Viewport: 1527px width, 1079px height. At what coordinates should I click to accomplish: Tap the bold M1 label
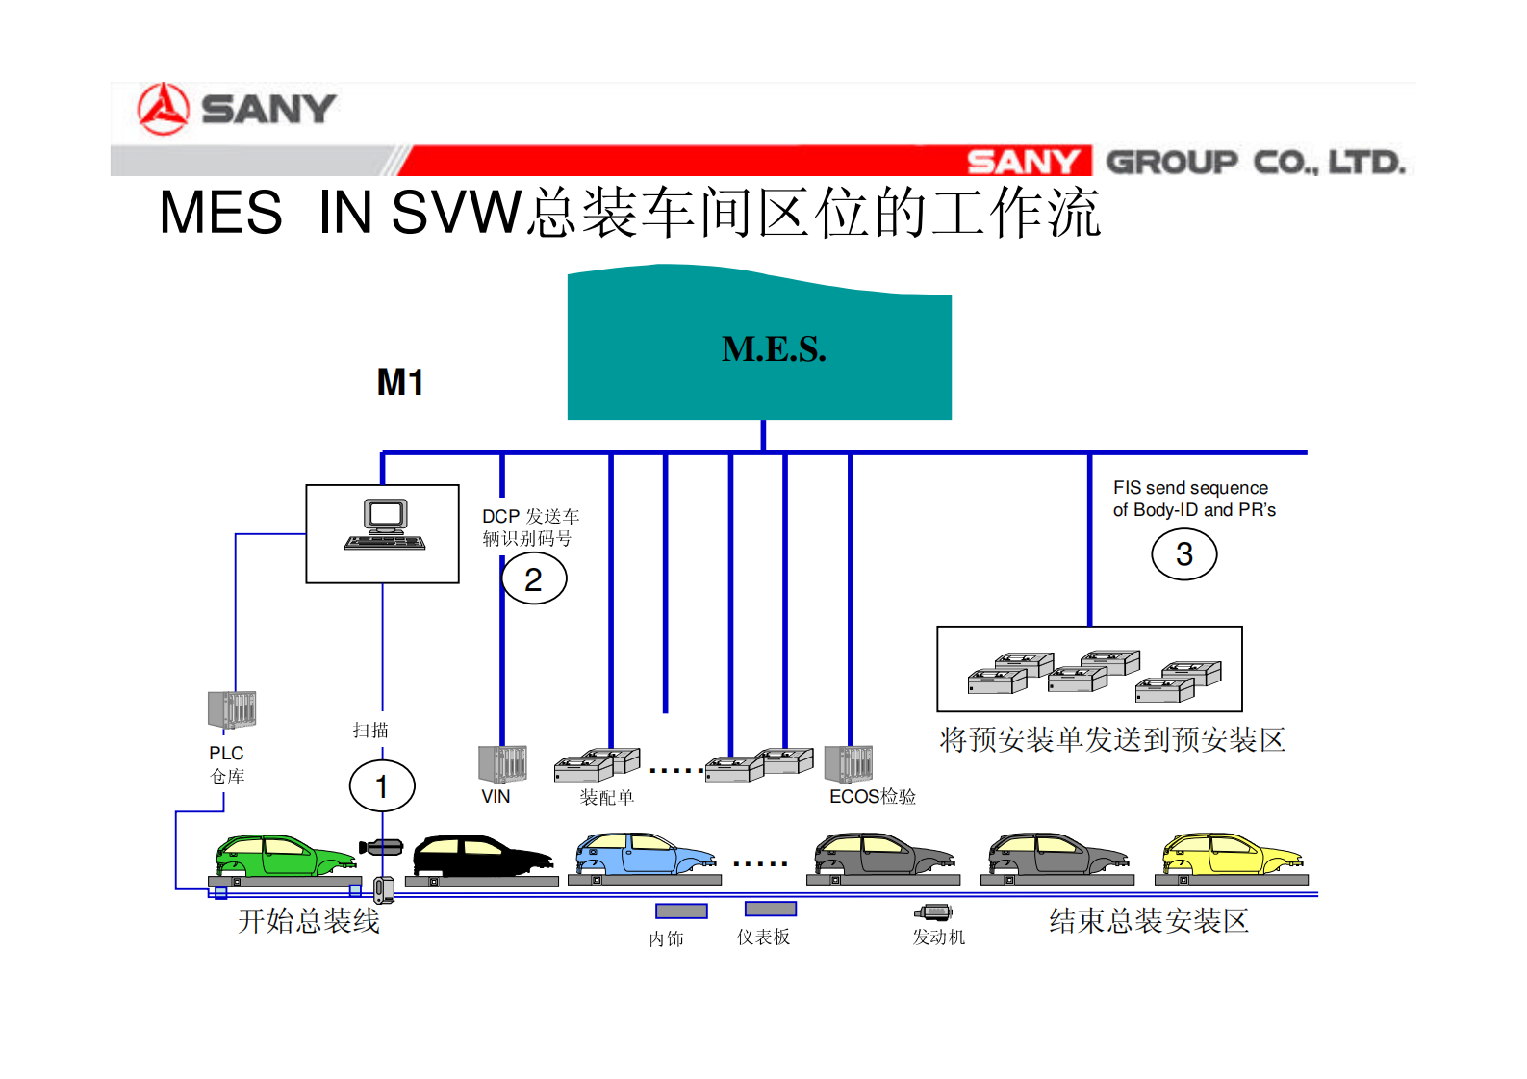pyautogui.click(x=400, y=383)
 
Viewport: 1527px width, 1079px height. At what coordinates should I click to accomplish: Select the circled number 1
pyautogui.click(x=382, y=786)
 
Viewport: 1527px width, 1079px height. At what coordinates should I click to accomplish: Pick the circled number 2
pyautogui.click(x=534, y=578)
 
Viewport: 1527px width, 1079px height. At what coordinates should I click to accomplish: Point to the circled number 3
pyautogui.click(x=1184, y=554)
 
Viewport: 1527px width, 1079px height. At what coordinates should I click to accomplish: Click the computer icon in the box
pyautogui.click(x=385, y=526)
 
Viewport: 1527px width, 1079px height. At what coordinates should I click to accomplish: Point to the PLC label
pyautogui.click(x=226, y=753)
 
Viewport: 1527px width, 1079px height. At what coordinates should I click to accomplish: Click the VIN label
pyautogui.click(x=496, y=796)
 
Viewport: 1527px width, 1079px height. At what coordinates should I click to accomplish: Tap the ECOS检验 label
pyautogui.click(x=873, y=796)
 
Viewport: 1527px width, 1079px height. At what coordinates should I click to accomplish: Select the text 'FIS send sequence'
pyautogui.click(x=1190, y=488)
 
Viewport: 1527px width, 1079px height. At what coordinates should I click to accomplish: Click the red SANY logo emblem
pyautogui.click(x=163, y=109)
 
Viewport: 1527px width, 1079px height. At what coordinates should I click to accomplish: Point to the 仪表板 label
pyautogui.click(x=763, y=937)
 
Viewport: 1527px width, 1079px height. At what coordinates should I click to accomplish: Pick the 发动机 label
pyautogui.click(x=938, y=937)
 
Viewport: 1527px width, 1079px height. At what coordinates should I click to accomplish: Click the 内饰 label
pyautogui.click(x=666, y=938)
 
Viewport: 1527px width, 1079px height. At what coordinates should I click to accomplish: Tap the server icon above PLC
pyautogui.click(x=232, y=710)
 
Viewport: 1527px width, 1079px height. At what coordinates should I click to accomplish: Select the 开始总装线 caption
pyautogui.click(x=309, y=921)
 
